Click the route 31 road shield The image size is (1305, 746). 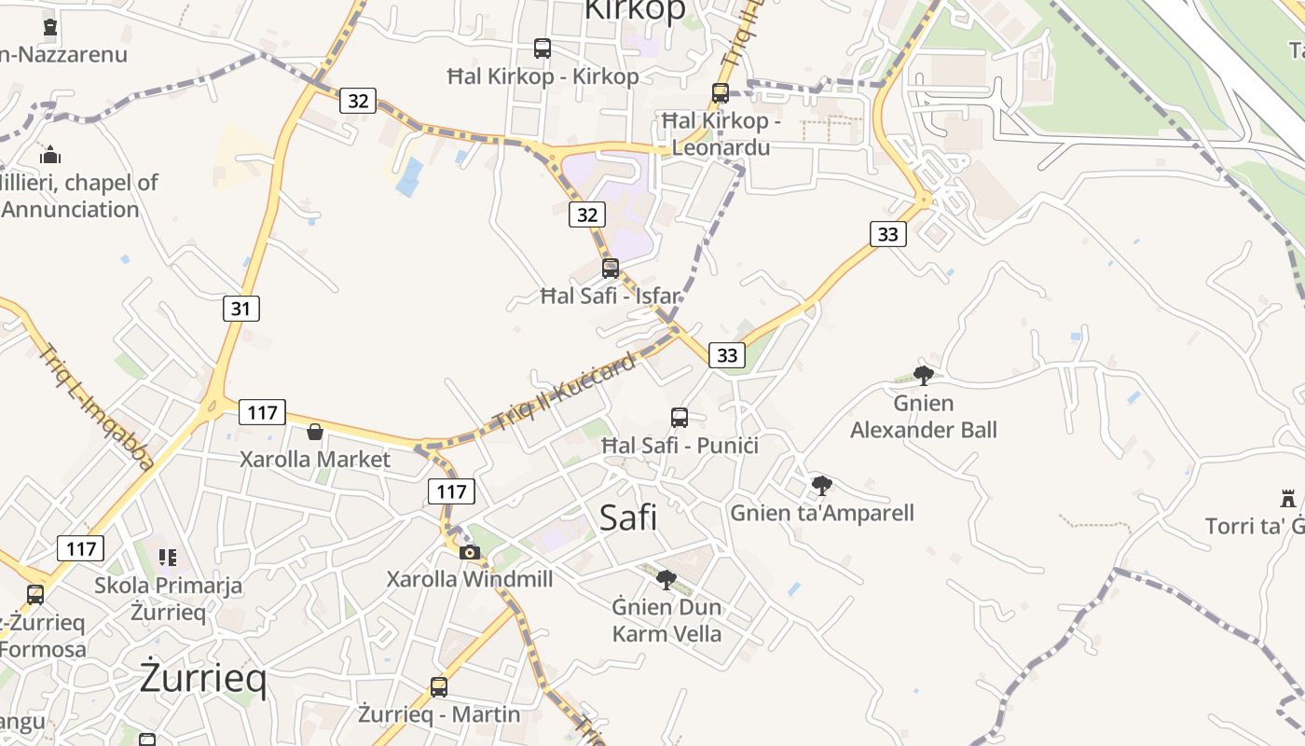click(x=240, y=308)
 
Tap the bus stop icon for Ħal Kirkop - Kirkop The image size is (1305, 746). click(x=542, y=48)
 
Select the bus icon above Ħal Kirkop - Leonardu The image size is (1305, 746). click(x=720, y=93)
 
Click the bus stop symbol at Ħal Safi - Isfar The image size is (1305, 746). click(x=611, y=269)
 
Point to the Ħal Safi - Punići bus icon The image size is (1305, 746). click(x=680, y=417)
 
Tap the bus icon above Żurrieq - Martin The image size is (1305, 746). click(x=439, y=687)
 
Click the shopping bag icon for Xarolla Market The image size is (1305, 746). click(x=315, y=432)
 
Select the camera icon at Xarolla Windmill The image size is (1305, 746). click(x=470, y=552)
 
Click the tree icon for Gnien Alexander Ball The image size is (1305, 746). click(x=924, y=376)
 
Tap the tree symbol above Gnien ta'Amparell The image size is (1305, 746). click(x=821, y=485)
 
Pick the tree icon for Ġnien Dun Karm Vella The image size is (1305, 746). click(x=666, y=580)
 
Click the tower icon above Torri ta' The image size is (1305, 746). click(x=1288, y=498)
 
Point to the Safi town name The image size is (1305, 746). click(x=628, y=517)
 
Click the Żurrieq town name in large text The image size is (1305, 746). click(x=203, y=678)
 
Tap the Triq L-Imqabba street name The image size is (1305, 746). click(x=97, y=408)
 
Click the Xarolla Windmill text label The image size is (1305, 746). click(x=470, y=579)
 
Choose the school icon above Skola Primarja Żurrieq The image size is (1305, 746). click(x=168, y=558)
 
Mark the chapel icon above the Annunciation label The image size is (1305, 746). click(x=50, y=154)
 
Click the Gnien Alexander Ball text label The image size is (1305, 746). click(x=924, y=417)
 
